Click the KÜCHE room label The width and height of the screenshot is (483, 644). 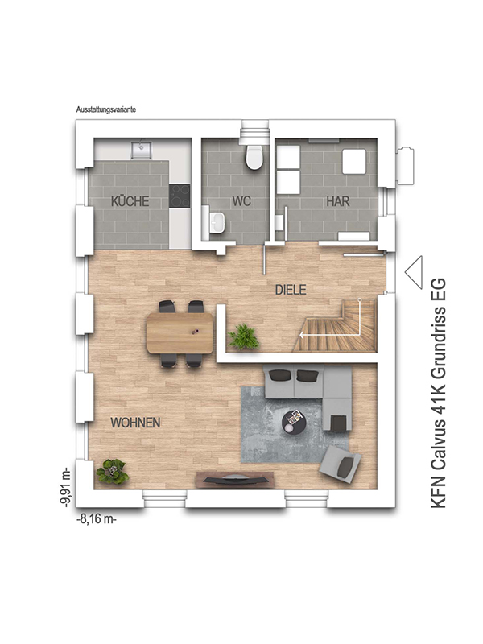130,201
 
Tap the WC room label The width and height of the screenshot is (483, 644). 242,201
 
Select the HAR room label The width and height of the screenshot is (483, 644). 338,201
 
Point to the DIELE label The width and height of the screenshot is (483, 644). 291,290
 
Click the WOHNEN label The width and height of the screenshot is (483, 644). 135,423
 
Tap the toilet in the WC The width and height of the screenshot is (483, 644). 254,157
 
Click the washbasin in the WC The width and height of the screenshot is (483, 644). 217,222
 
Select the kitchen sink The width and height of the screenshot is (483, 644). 142,150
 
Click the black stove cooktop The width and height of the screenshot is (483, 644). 180,196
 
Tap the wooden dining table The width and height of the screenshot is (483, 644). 180,332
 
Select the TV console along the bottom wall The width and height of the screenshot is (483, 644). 235,480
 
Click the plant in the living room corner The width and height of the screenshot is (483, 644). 111,471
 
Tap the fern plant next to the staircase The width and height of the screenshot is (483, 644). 244,336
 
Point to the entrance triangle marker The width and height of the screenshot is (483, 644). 414,272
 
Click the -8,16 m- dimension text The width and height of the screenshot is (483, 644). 97,519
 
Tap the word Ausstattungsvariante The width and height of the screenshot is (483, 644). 106,110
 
